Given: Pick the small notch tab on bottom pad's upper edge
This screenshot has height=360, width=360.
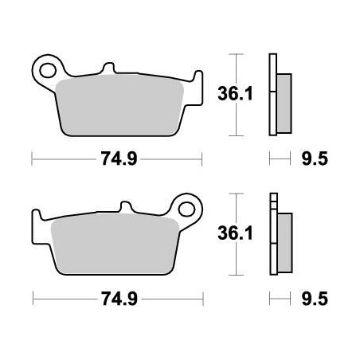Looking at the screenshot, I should (x=121, y=209).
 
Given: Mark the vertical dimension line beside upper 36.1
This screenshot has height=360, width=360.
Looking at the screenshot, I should (x=233, y=94).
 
